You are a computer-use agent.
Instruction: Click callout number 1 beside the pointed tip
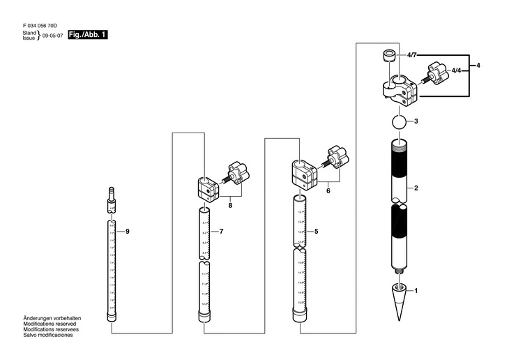click(x=416, y=290)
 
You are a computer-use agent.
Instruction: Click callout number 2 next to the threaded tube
click(x=416, y=188)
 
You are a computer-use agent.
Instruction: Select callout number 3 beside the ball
click(x=416, y=121)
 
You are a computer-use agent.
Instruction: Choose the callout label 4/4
click(x=455, y=71)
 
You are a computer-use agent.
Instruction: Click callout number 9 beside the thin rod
click(x=128, y=231)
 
